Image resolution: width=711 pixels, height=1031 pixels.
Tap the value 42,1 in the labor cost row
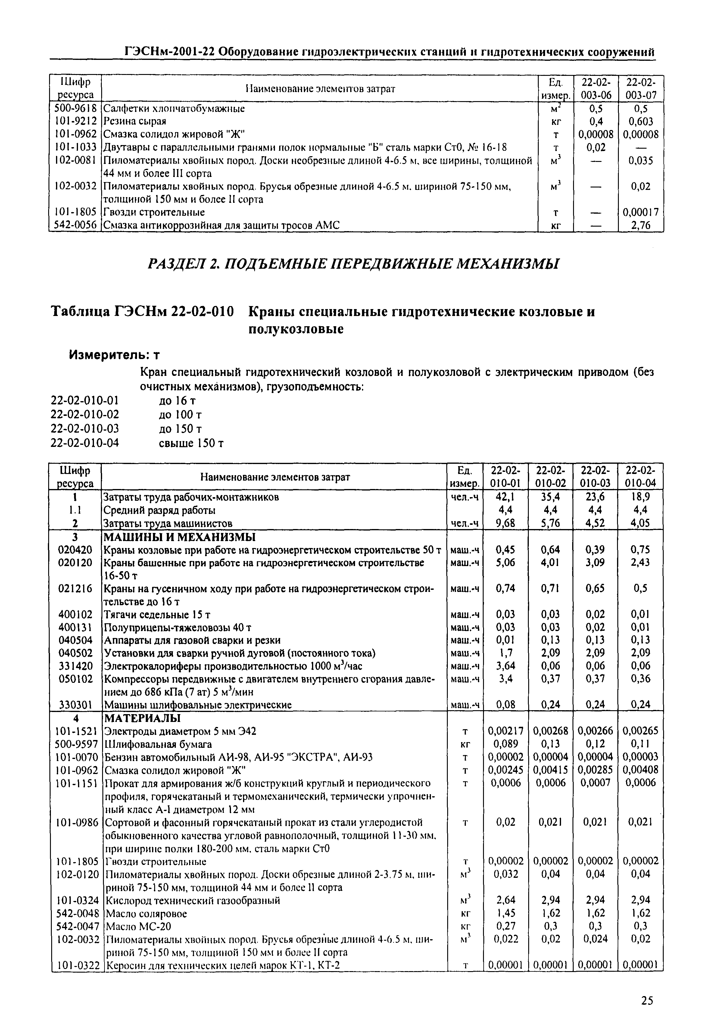pos(505,497)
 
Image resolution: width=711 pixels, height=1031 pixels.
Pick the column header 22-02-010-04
pos(641,477)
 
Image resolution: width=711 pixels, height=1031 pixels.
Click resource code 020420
pos(75,550)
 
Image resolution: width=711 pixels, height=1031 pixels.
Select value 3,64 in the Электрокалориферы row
pos(505,666)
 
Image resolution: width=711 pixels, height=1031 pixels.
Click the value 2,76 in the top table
pos(641,226)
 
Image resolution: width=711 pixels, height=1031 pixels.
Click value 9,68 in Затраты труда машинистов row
pos(505,524)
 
